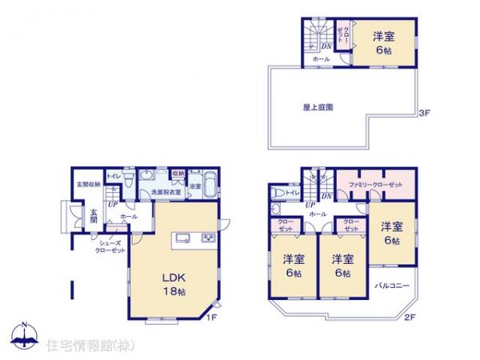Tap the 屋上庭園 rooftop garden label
pos(318,106)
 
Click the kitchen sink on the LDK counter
pos(181,237)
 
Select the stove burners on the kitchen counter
pos(206,237)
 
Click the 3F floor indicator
pos(424,114)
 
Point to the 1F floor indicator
pos(212,318)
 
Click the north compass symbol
pos(24,336)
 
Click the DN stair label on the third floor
pos(326,47)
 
